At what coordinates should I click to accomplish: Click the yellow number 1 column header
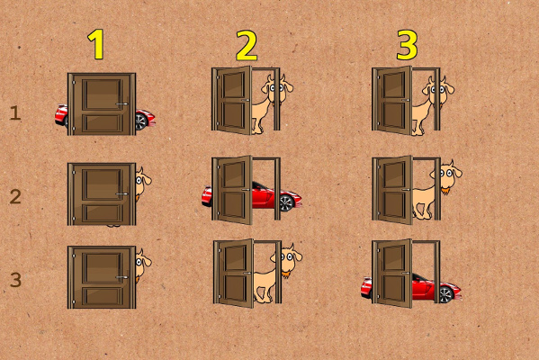point(96,44)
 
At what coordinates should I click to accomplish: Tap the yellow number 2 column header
point(247,45)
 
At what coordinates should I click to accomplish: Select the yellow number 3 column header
point(407,45)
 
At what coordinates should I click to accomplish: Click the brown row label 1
point(15,113)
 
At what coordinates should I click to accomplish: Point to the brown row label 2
point(15,197)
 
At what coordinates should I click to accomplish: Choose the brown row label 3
point(15,280)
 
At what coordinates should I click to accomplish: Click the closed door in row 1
point(102,103)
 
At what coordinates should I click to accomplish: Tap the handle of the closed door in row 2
point(121,193)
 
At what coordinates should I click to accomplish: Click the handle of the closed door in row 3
point(121,277)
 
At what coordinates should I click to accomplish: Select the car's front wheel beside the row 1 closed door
point(141,121)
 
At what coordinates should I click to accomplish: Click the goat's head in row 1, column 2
point(277,89)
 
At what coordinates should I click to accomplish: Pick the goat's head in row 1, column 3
point(438,89)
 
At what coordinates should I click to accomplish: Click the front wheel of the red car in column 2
point(286,202)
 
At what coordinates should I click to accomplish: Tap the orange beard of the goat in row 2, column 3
point(445,190)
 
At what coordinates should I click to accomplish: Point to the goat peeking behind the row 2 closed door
point(143,183)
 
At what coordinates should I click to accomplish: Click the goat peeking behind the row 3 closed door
point(143,265)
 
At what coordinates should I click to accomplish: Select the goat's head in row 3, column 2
point(287,258)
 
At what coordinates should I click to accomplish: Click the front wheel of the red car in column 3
point(445,294)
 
